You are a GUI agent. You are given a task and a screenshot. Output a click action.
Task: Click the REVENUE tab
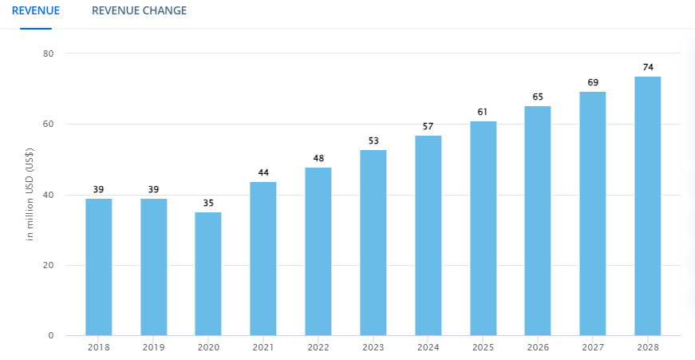click(36, 11)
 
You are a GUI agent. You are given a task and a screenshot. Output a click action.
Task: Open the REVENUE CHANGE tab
click(139, 11)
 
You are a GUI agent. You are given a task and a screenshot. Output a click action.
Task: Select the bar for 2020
click(208, 273)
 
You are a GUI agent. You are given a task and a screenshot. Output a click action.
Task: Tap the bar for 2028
click(647, 205)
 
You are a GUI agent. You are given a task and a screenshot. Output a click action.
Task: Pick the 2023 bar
click(373, 242)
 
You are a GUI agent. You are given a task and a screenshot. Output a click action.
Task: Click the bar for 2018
click(99, 267)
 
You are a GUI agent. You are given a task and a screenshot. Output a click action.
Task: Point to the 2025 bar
click(483, 227)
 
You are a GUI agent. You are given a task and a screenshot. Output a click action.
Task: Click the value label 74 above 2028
click(647, 67)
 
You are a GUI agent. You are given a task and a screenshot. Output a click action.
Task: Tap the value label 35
click(208, 203)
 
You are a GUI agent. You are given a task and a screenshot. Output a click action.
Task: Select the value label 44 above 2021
click(263, 172)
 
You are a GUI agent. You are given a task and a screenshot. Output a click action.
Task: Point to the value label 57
click(428, 126)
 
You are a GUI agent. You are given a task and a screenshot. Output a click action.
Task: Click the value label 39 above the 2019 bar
click(154, 189)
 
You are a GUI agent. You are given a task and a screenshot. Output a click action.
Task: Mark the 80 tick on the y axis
click(48, 53)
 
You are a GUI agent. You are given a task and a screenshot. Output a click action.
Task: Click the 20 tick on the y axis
click(48, 265)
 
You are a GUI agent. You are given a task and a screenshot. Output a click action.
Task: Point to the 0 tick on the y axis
click(50, 335)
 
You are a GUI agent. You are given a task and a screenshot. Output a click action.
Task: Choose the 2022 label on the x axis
click(318, 348)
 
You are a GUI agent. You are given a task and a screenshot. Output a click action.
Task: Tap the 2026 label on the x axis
click(537, 348)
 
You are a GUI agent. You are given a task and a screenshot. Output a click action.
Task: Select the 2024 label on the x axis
click(428, 348)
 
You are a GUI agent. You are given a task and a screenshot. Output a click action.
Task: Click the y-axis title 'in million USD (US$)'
click(30, 195)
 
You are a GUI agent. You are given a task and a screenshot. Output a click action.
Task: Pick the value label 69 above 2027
click(592, 82)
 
